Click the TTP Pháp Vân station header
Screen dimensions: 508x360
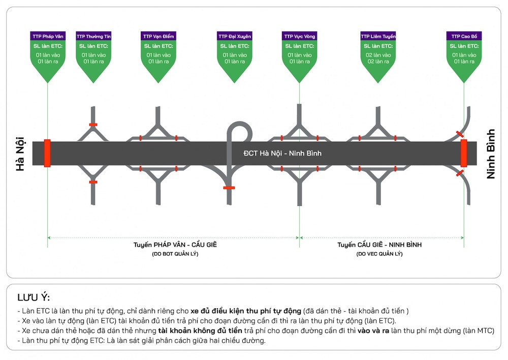48,36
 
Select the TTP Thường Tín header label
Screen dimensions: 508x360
93,36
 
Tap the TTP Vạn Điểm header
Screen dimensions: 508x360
158,36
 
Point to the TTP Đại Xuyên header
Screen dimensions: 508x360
235,36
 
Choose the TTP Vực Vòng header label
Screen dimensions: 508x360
299,36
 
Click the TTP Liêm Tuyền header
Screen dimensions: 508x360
378,36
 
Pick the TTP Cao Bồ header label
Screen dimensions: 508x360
464,36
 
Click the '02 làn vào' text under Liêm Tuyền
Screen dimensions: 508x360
378,55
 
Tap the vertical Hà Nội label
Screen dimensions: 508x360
20,154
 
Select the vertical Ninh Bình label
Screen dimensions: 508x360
491,154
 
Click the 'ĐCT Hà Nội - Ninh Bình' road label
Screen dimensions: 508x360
282,153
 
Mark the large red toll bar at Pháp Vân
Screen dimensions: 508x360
47,153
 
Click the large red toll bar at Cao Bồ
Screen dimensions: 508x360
464,153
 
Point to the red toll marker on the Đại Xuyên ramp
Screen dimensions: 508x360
229,188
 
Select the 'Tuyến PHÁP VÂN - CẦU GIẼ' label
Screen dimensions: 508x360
175,245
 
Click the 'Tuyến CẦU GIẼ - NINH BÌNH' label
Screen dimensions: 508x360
379,245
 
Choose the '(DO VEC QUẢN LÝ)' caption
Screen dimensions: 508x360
379,254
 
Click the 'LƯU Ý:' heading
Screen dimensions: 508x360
34,297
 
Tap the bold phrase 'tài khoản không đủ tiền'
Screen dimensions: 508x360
200,331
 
